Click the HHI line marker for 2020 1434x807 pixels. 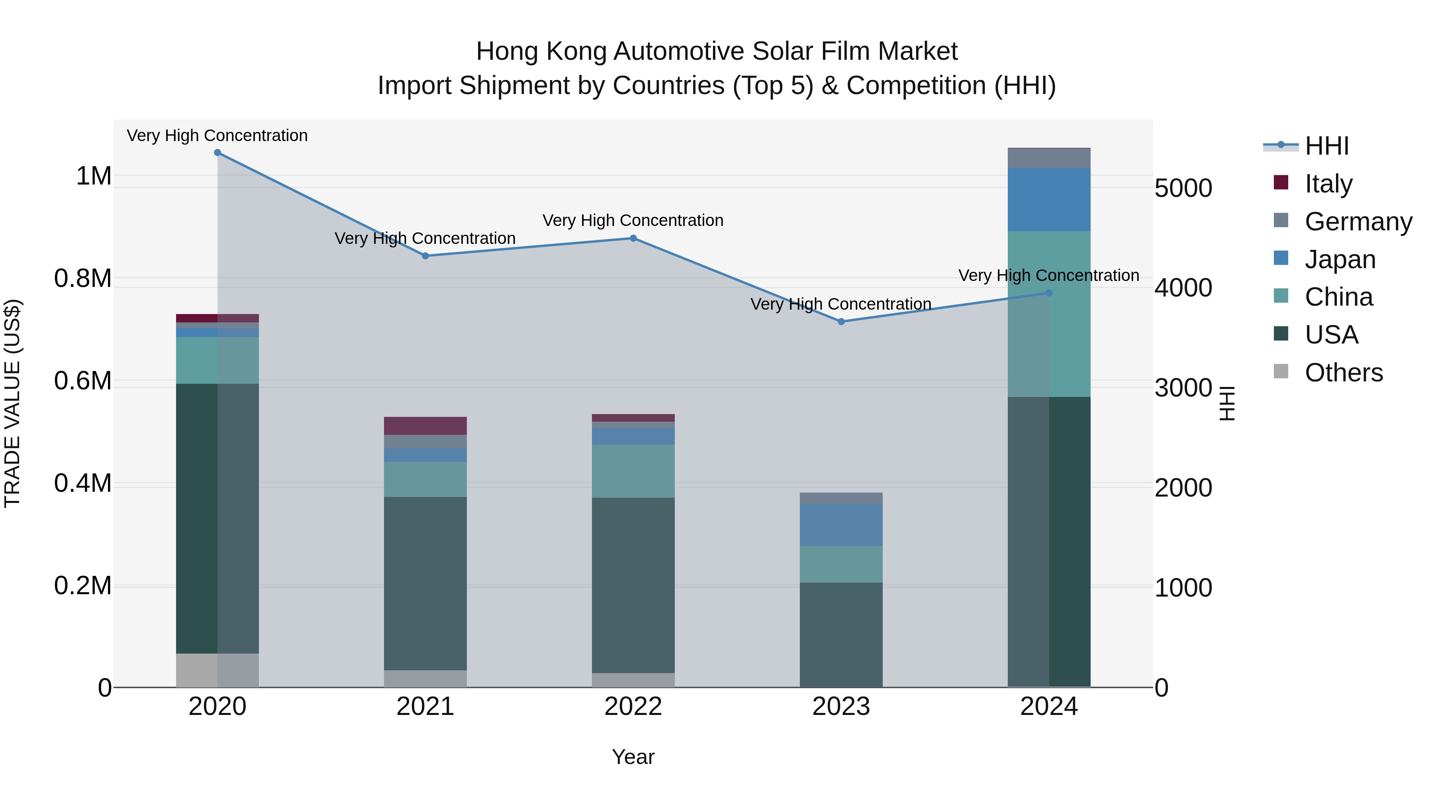(x=217, y=153)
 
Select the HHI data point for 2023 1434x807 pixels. (x=841, y=322)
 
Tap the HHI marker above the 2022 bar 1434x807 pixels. (x=633, y=238)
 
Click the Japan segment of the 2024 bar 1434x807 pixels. (x=1049, y=199)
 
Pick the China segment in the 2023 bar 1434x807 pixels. (x=841, y=564)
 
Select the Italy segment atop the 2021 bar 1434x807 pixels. (x=425, y=426)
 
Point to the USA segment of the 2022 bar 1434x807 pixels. (x=633, y=585)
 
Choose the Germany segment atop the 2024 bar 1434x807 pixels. (x=1049, y=158)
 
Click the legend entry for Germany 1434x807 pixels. (x=1358, y=222)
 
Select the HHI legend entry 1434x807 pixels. (x=1326, y=146)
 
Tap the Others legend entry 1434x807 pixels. (x=1343, y=373)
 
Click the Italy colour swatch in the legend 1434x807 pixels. (x=1281, y=183)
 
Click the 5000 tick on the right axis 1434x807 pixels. (x=1183, y=188)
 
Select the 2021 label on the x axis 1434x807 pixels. (x=425, y=707)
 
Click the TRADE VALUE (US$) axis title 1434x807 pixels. (x=12, y=403)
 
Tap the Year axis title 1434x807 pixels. (x=633, y=757)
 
